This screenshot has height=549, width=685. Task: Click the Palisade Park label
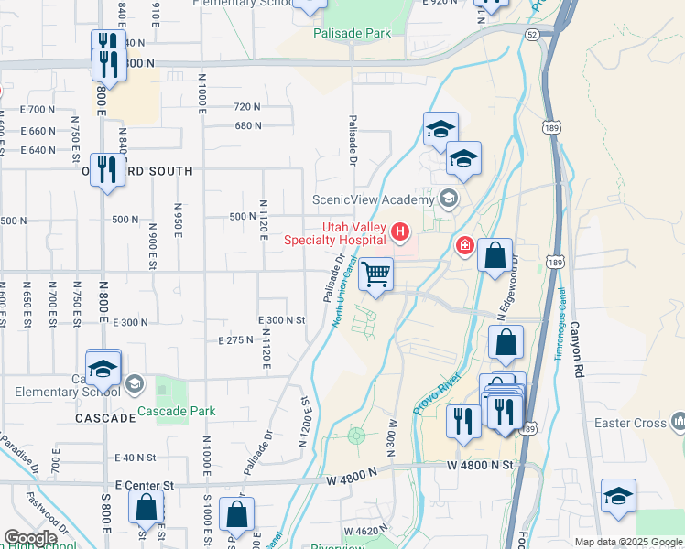(352, 33)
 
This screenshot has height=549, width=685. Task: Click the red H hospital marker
(399, 233)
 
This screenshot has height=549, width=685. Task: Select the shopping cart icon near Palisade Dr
(375, 274)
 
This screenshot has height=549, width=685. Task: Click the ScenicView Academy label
(372, 199)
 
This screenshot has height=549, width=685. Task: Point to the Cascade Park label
(177, 411)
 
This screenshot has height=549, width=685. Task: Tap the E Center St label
(145, 484)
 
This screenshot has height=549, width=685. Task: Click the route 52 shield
(533, 34)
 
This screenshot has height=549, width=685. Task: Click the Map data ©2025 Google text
(627, 541)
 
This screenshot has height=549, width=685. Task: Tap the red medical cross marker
(465, 246)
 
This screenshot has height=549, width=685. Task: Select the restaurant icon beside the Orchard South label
(107, 169)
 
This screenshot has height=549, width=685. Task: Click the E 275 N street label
(235, 339)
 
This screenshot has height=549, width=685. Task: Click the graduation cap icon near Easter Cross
(618, 496)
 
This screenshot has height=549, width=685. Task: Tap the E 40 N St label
(136, 457)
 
